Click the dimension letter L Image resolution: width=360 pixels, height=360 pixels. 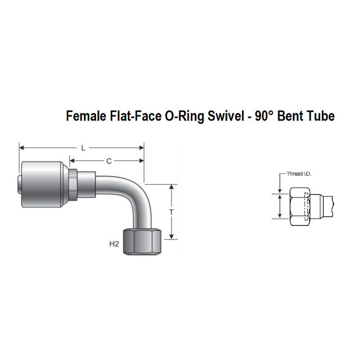[x=83, y=148]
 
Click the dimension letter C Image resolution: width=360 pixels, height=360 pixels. [x=109, y=161]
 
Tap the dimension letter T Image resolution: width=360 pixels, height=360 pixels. [x=171, y=212]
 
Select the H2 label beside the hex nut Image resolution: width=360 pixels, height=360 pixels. [x=114, y=243]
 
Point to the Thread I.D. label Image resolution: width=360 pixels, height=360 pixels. [x=299, y=174]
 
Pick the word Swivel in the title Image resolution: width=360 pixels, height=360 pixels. [x=226, y=116]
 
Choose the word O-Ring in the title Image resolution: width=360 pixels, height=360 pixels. [x=184, y=116]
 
